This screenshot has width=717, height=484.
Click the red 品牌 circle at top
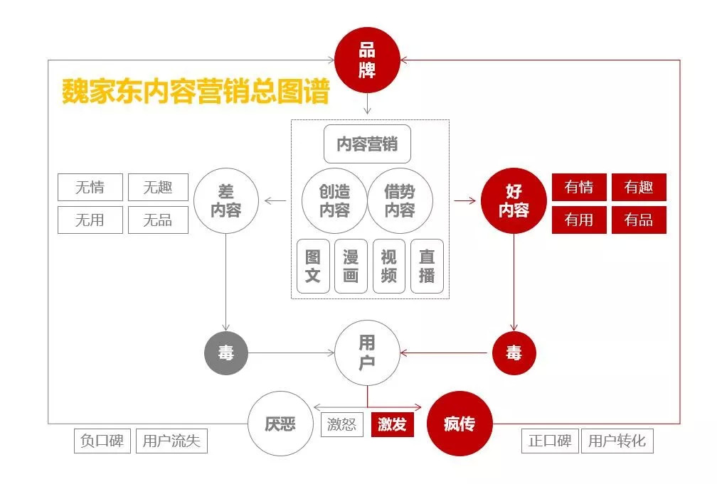coord(367,60)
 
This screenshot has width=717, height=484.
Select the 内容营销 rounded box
coord(367,144)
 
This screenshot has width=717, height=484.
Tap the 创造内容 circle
coord(334,201)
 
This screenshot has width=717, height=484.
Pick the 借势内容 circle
coord(400,201)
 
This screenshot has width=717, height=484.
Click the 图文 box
coord(313,267)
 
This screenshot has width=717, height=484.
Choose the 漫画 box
coord(351,267)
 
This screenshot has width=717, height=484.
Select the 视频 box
coord(388,267)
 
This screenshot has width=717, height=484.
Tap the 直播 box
coord(427,267)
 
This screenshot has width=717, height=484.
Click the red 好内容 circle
coord(514,201)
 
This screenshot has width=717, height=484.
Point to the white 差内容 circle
coord(226,201)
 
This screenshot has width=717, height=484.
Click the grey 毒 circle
coord(226,353)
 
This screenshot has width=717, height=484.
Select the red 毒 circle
coord(514,353)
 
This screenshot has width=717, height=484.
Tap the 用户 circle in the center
coord(367,353)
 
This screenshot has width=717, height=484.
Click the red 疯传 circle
coord(460,424)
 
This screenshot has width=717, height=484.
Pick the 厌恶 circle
coord(280,424)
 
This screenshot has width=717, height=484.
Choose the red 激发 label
coord(393,425)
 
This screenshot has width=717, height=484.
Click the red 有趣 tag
coord(639,188)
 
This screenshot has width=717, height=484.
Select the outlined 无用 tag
coord(90,220)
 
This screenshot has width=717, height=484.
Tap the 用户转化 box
coord(617,441)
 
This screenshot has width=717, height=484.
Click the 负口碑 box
coord(102,441)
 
